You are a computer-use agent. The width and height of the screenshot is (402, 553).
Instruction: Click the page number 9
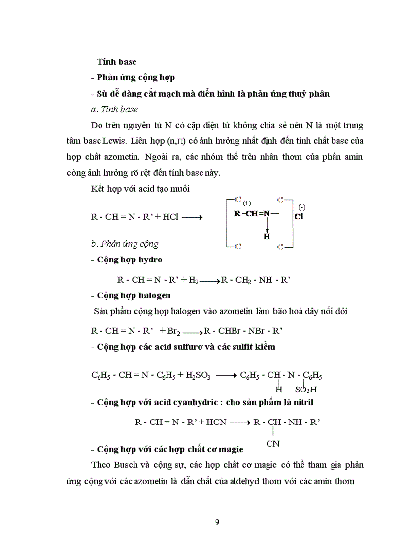tap(217, 522)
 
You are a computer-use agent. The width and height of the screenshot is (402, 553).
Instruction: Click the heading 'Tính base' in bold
tap(116, 62)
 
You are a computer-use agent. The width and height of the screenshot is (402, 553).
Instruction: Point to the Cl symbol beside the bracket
tap(299, 216)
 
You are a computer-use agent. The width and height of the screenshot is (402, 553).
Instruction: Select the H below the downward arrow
tap(267, 236)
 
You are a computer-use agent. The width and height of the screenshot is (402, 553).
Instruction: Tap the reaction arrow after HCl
tap(192, 217)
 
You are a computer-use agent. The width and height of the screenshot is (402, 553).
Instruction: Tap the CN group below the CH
tap(273, 443)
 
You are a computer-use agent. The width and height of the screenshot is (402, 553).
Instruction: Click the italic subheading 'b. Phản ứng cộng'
tap(125, 244)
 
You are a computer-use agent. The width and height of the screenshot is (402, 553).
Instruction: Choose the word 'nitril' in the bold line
tap(301, 402)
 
